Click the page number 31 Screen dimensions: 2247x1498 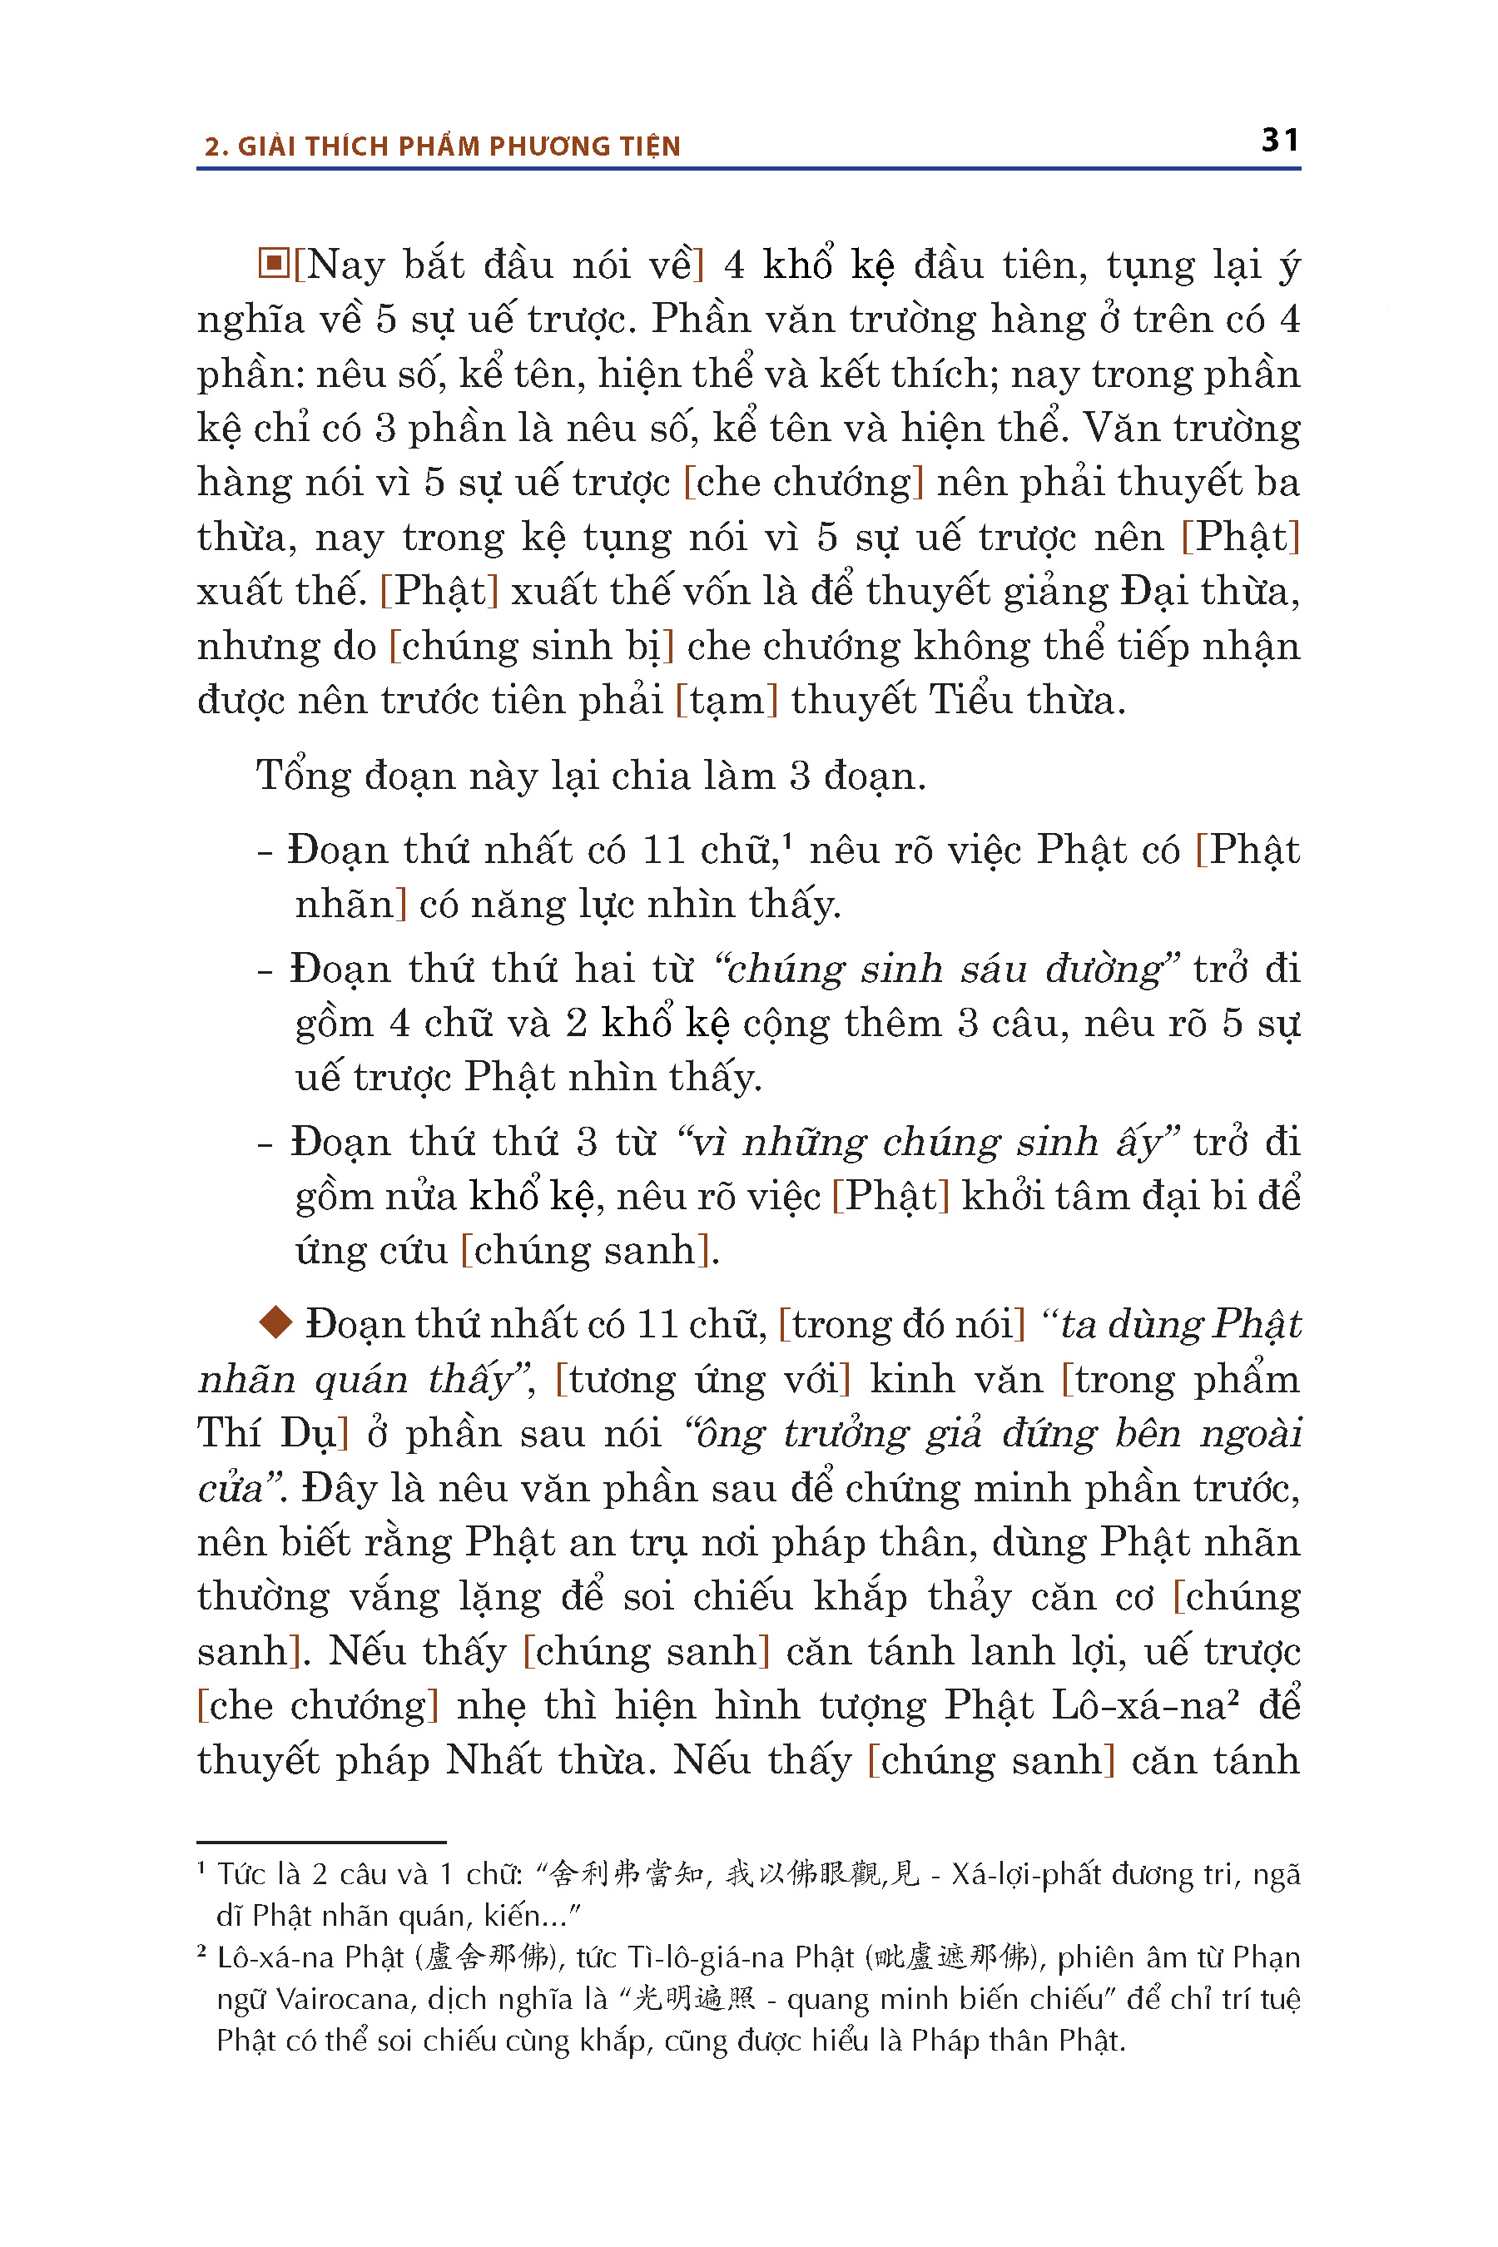pos(1279,141)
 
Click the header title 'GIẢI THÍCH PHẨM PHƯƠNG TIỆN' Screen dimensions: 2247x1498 pos(459,146)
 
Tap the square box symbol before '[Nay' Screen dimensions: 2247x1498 pos(273,263)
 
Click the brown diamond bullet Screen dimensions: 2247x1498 pos(275,1322)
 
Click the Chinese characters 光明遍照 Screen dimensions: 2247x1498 pos(695,1999)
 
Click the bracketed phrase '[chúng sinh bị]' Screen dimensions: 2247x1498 pos(531,646)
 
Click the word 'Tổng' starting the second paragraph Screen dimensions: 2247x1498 pos(303,775)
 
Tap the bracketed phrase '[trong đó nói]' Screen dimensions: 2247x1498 pos(901,1324)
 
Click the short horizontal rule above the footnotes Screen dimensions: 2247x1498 pos(321,1841)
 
